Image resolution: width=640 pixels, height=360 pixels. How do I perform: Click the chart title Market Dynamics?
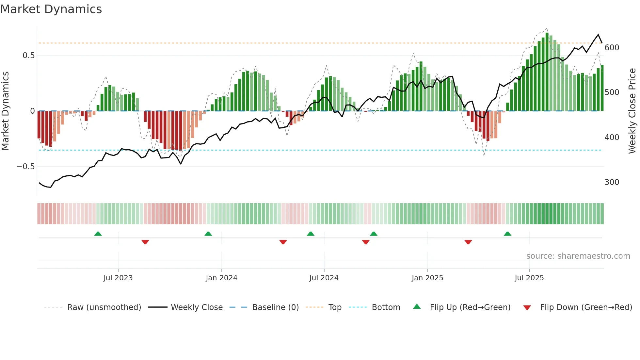point(51,9)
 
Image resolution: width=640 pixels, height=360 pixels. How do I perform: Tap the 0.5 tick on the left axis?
point(28,56)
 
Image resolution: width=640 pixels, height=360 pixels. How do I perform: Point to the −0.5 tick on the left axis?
point(26,167)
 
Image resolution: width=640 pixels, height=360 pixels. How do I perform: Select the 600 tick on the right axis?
point(612,48)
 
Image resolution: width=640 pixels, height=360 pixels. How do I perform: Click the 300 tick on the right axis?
point(612,182)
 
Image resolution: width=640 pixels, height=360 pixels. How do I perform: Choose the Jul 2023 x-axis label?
point(118,278)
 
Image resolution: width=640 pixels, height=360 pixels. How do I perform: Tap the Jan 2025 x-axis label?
point(427,278)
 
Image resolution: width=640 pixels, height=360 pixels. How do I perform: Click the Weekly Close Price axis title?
point(632,111)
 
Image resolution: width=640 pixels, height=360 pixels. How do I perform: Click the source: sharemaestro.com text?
point(578,256)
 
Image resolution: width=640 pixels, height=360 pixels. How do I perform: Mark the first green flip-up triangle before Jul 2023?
point(98,234)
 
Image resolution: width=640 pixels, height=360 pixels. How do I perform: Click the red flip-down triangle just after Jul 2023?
point(145,242)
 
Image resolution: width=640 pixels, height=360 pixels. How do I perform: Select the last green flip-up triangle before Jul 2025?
point(507,234)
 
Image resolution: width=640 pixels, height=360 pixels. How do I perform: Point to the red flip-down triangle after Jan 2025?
point(468,242)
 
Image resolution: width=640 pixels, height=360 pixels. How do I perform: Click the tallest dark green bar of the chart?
point(547,72)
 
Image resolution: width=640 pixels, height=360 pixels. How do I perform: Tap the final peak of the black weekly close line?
point(598,35)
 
